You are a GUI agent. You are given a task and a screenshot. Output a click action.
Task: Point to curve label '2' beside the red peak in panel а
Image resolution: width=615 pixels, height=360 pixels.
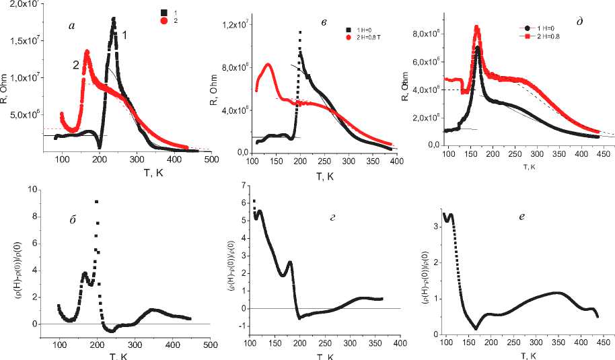click(x=77, y=65)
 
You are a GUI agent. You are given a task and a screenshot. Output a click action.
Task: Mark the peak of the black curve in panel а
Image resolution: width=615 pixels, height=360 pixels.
click(x=114, y=19)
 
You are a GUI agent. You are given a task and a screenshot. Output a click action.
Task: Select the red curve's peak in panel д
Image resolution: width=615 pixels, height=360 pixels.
click(x=476, y=28)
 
